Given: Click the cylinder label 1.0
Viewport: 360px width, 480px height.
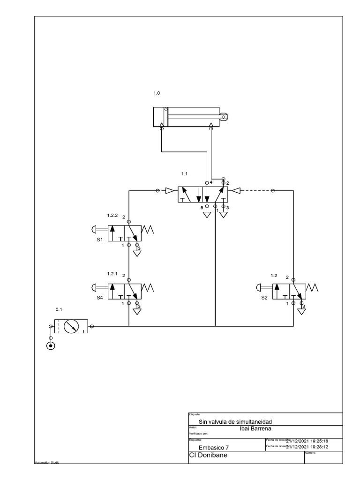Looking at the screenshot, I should (157, 93).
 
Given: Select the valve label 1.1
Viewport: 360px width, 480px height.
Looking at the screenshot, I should (184, 173).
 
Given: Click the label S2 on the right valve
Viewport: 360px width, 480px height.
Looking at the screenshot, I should (264, 297).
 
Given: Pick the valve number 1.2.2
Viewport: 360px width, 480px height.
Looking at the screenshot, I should (112, 216).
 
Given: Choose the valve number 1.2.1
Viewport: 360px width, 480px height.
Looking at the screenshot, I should (112, 273).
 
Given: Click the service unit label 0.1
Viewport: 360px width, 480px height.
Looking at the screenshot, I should (59, 309).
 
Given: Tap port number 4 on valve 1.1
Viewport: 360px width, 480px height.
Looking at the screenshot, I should (211, 182).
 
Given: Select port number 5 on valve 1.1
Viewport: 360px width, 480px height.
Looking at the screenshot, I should (202, 207).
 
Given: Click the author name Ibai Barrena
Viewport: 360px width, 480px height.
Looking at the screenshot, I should (255, 428).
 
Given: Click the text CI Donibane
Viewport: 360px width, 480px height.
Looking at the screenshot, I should (208, 455).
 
